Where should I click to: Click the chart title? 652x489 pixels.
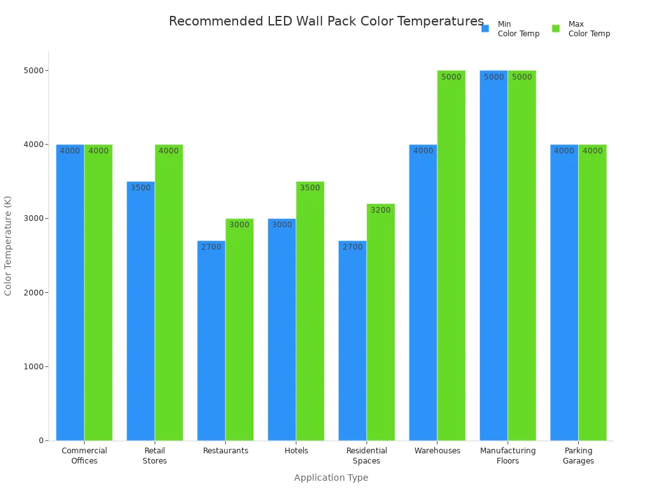pyautogui.click(x=326, y=21)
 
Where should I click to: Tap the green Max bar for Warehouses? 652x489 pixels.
pyautogui.click(x=451, y=255)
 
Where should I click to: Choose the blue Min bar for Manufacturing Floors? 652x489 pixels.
pyautogui.click(x=493, y=255)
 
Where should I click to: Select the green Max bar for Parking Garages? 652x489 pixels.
pyautogui.click(x=592, y=292)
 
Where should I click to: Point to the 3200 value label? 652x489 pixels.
pyautogui.click(x=381, y=210)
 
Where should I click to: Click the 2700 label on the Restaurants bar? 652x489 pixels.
pyautogui.click(x=211, y=247)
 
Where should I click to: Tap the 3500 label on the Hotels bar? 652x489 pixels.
pyautogui.click(x=310, y=188)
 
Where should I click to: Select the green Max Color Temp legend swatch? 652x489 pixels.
pyautogui.click(x=556, y=29)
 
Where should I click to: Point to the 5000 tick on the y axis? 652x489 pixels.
pyautogui.click(x=32, y=71)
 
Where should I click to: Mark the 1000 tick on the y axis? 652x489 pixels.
pyautogui.click(x=32, y=367)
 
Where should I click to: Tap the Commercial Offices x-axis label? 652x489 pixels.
pyautogui.click(x=84, y=456)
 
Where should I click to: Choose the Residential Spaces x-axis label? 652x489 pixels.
pyautogui.click(x=367, y=456)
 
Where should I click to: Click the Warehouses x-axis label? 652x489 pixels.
pyautogui.click(x=437, y=451)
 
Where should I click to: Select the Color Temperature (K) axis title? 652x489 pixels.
pyautogui.click(x=8, y=245)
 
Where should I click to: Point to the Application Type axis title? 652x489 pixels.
pyautogui.click(x=331, y=478)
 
